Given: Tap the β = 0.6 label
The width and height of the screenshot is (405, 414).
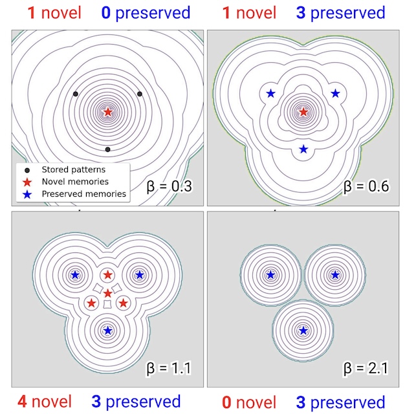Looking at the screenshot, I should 366,187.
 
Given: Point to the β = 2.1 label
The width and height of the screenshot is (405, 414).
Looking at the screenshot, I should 366,369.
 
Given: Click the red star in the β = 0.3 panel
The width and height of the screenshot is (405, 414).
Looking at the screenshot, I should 107,112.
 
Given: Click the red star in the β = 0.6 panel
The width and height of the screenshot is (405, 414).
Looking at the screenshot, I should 303,112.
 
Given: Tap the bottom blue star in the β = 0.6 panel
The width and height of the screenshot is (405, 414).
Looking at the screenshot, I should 303,149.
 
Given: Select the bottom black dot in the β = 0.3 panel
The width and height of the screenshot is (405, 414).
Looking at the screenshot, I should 107,149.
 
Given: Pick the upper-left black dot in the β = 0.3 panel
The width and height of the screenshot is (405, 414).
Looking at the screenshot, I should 76,94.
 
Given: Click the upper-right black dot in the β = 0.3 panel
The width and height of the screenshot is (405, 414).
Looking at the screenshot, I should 140,94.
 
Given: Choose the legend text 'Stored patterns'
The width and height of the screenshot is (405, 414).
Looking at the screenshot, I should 73,169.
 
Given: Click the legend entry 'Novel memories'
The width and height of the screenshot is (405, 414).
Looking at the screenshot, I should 74,182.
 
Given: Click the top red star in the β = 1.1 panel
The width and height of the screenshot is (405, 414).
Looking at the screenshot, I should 107,274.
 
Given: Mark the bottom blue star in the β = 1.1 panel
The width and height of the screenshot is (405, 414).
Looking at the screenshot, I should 107,330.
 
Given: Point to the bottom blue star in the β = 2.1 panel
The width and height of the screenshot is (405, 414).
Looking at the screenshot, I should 303,330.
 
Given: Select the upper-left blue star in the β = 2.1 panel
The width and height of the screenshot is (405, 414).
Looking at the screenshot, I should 270,274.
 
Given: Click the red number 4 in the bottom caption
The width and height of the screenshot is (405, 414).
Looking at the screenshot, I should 23,402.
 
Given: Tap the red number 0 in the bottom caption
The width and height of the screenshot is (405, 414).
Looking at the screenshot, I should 226,402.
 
